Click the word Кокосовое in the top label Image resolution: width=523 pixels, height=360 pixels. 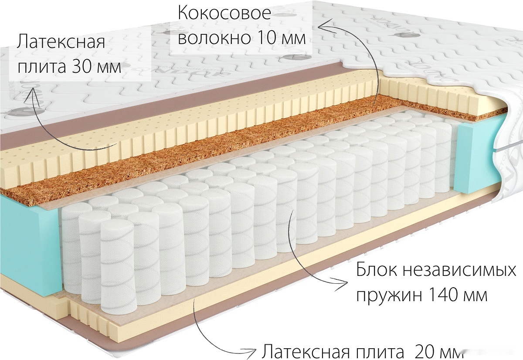coord(224,14)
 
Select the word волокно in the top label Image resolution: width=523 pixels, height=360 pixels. coord(213,38)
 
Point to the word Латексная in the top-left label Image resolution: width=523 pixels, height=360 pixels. coord(61,43)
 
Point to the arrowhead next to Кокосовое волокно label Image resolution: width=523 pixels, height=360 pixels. coord(323,26)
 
